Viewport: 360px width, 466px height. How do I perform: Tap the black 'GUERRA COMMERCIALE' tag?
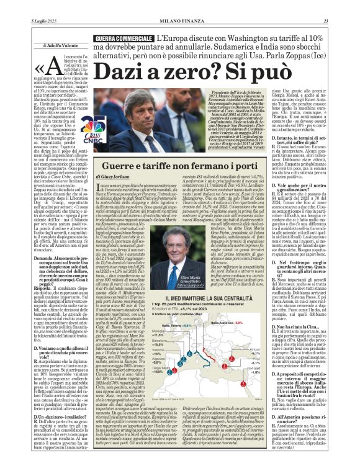(x=119, y=39)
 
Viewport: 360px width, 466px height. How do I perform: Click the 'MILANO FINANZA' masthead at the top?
(x=179, y=6)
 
